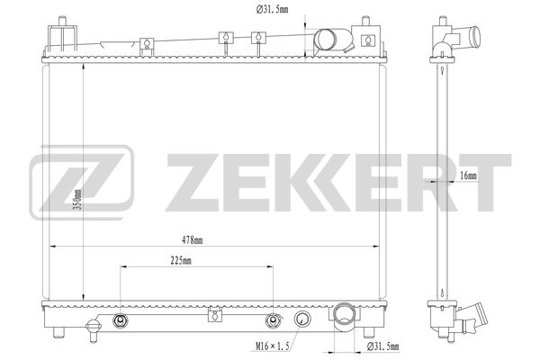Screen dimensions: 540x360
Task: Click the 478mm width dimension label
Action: coord(193,240)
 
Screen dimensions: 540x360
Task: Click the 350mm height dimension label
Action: coord(78,200)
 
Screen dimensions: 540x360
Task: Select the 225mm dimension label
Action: coord(181,261)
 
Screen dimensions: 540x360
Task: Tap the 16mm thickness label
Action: coord(469,175)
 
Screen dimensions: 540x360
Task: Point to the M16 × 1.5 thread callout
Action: coord(273,346)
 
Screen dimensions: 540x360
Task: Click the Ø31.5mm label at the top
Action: coord(272,9)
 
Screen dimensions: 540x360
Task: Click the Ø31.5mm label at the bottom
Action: coord(383,346)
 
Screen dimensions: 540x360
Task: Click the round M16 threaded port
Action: coord(302,319)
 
